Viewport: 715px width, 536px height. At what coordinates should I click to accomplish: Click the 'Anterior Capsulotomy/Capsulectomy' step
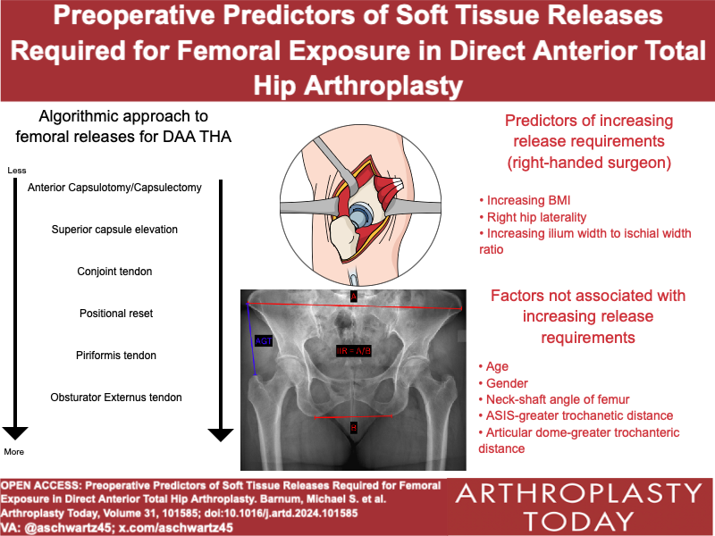click(x=114, y=188)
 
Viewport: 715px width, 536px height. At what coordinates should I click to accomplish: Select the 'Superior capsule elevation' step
click(x=114, y=230)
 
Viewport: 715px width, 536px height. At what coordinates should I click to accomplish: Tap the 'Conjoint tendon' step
click(x=114, y=272)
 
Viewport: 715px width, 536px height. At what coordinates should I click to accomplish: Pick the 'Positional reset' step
click(x=114, y=314)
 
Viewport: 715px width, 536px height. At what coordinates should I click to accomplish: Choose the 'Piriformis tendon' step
click(x=114, y=356)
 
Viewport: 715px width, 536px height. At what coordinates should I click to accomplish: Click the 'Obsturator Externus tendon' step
click(x=114, y=398)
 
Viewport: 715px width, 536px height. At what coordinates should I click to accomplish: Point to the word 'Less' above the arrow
click(x=16, y=170)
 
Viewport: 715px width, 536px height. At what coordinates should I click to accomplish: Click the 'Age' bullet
click(x=495, y=366)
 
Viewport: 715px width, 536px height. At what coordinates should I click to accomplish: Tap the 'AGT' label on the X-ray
click(x=264, y=339)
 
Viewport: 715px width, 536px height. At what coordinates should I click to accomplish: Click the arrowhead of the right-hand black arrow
click(x=221, y=435)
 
